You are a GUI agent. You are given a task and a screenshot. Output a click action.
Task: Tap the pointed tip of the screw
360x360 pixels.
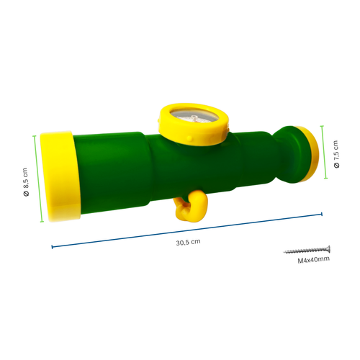tap(284, 252)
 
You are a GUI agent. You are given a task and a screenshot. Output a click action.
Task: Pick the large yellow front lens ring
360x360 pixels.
tap(58, 176)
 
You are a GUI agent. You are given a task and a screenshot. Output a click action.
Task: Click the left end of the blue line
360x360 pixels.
tap(52, 248)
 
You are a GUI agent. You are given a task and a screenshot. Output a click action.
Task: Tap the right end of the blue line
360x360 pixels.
tap(321, 213)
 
